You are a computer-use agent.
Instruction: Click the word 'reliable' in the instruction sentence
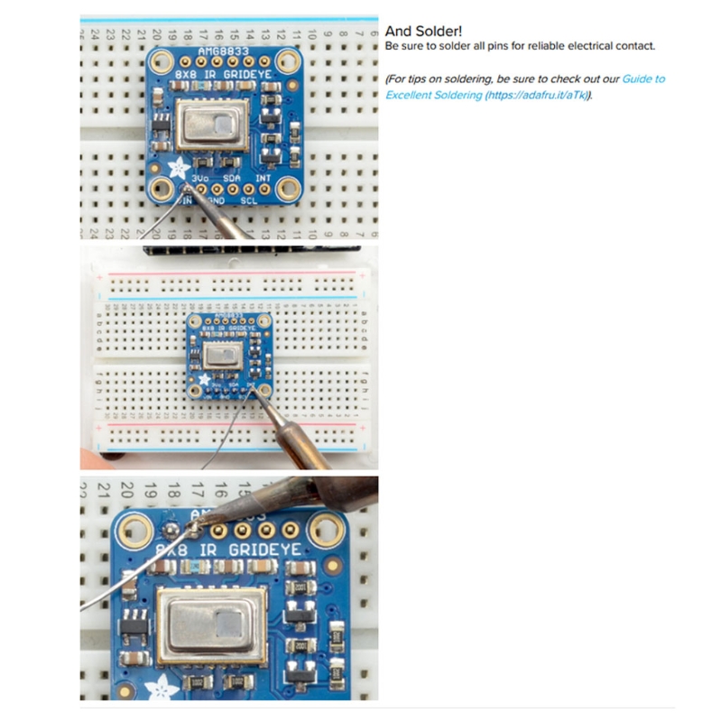539,46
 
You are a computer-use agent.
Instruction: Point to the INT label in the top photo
264,179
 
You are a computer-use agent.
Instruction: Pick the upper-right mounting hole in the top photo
288,63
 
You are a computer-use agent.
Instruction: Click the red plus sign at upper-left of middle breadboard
98,277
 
